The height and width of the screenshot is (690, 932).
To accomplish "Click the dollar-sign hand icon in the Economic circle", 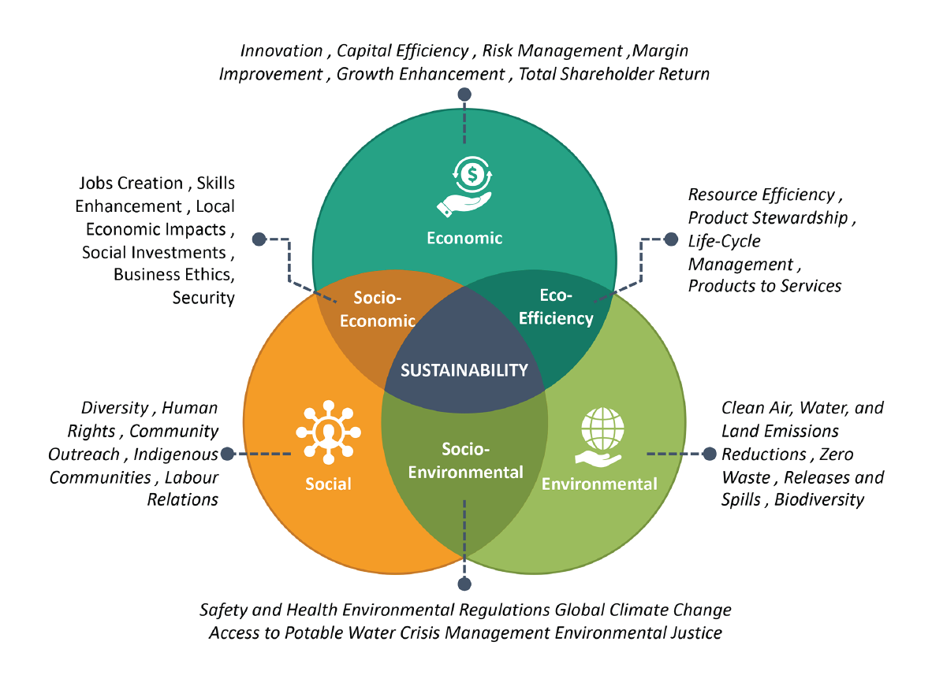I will click(x=464, y=186).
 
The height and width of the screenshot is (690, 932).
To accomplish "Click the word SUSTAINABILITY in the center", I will click(x=464, y=370).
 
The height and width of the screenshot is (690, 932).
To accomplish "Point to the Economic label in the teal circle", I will click(x=464, y=238).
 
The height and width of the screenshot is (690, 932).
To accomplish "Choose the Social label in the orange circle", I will click(x=328, y=483).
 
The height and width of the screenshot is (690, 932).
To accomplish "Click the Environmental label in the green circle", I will click(x=599, y=483).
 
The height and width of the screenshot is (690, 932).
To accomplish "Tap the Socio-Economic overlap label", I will click(x=384, y=309).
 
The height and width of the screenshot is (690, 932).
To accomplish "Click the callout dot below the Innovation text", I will click(x=464, y=95).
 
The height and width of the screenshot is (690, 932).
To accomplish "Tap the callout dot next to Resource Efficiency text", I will click(x=671, y=238).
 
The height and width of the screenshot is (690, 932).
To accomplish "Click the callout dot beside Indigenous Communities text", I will click(x=228, y=454).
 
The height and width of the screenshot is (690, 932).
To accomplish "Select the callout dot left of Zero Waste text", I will click(x=709, y=454).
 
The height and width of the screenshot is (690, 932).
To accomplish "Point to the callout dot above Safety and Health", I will click(x=464, y=584).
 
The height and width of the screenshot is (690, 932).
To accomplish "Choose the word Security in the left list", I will click(x=203, y=298).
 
